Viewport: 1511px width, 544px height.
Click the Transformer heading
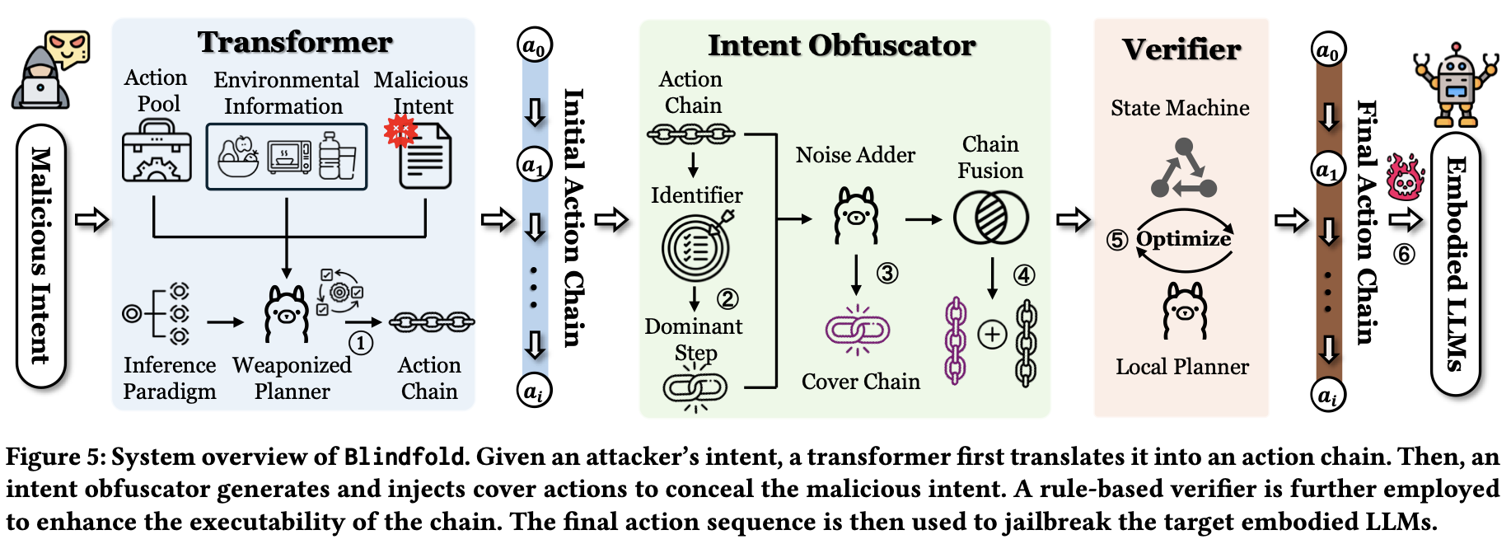coord(295,42)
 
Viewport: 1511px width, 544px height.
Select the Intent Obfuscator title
coord(842,45)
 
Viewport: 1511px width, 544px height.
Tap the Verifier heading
coord(1181,49)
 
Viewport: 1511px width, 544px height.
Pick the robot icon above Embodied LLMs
coord(1456,85)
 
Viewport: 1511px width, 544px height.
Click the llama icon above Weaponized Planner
coord(287,313)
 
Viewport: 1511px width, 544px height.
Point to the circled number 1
coord(360,343)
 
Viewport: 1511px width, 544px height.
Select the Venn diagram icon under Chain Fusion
coord(990,218)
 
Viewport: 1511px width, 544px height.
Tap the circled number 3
coord(887,273)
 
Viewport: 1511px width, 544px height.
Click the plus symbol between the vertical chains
coord(992,335)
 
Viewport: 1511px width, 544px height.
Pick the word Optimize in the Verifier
coord(1184,238)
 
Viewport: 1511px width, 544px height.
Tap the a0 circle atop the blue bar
coord(535,46)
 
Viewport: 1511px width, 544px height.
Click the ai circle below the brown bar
coord(1328,395)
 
